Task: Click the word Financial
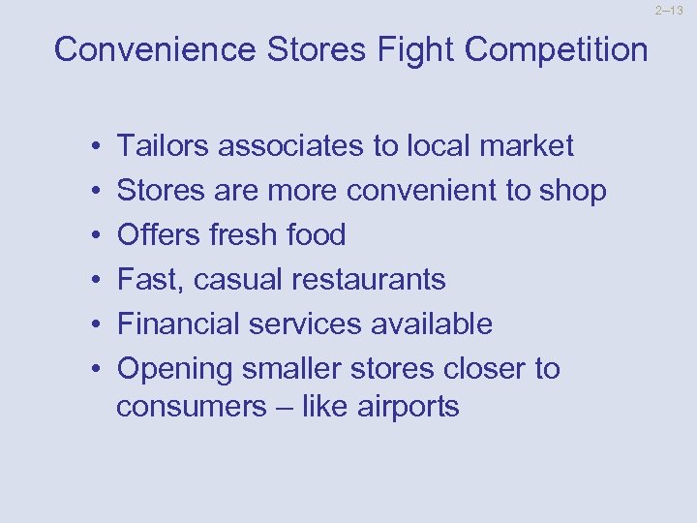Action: pyautogui.click(x=179, y=324)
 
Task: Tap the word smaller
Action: pyautogui.click(x=296, y=369)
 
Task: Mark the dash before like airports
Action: pyautogui.click(x=281, y=407)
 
